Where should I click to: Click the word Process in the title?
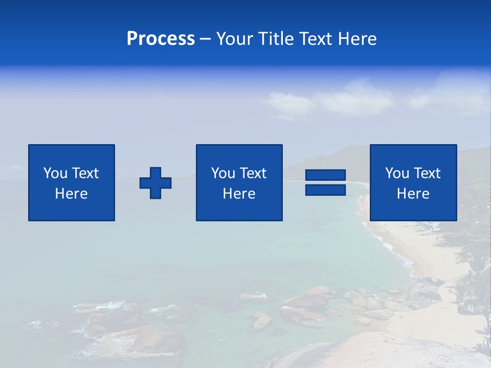coord(161,39)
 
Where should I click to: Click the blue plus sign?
coord(155,182)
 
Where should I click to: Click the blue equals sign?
coord(325,182)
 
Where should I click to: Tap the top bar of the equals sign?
coord(325,175)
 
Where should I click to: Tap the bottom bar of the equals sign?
coord(325,190)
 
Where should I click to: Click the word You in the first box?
coord(55,173)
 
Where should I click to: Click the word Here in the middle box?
coord(239,194)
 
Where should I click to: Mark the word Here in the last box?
coord(413,194)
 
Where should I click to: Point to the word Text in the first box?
coord(85,173)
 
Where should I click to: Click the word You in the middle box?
coord(222,173)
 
